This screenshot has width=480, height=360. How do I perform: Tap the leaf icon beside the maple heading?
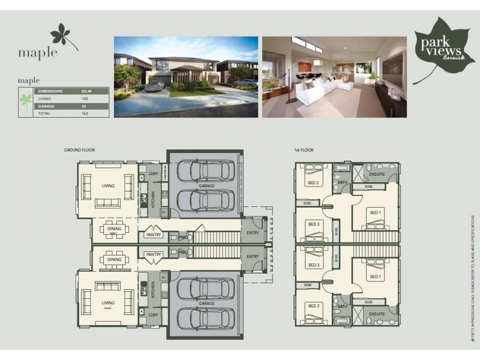coord(64,36)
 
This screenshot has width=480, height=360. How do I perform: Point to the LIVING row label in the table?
coord(45,98)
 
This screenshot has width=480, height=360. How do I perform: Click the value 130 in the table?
coord(85,98)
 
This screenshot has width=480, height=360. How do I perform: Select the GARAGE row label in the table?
coord(46,106)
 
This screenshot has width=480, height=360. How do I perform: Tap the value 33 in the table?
coord(83,106)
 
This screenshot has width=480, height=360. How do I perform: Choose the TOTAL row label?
coord(44,113)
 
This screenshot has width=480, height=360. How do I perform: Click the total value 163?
coord(85,113)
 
